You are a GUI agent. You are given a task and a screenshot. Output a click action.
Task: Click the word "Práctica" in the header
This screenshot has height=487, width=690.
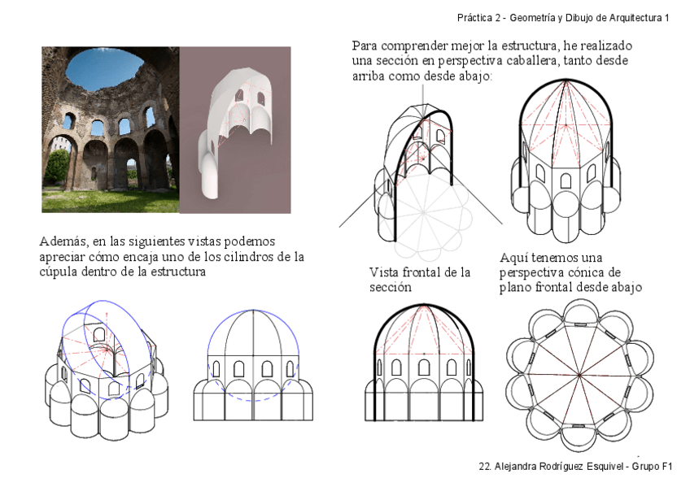(474, 17)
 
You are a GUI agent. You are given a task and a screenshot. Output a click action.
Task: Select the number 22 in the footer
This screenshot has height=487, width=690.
(485, 467)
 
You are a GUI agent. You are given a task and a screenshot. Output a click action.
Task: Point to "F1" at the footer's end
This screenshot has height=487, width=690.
(666, 467)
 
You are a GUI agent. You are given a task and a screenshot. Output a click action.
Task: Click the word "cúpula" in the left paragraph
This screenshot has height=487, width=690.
(59, 272)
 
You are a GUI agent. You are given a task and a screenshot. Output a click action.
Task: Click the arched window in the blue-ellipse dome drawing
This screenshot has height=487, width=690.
(99, 334)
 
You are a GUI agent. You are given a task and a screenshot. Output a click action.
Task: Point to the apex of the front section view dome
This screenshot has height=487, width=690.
(423, 307)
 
